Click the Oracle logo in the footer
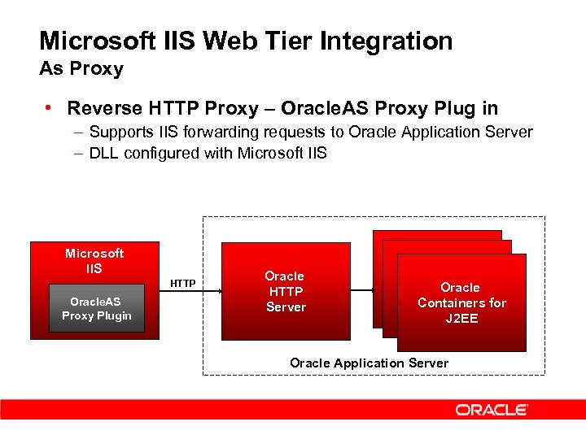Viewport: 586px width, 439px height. click(x=492, y=410)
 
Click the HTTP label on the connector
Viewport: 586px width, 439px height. click(x=182, y=283)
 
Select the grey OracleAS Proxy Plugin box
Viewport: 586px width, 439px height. click(x=97, y=309)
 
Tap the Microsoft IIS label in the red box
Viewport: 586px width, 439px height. click(x=94, y=260)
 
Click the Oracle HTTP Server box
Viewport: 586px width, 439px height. click(x=286, y=291)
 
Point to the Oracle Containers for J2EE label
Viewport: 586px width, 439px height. click(x=461, y=302)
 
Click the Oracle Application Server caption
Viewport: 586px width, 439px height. click(x=369, y=363)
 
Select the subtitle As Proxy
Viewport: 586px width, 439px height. click(x=81, y=69)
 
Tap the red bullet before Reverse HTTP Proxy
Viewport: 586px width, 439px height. click(x=50, y=108)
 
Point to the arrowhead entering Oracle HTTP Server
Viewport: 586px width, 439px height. click(x=218, y=289)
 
